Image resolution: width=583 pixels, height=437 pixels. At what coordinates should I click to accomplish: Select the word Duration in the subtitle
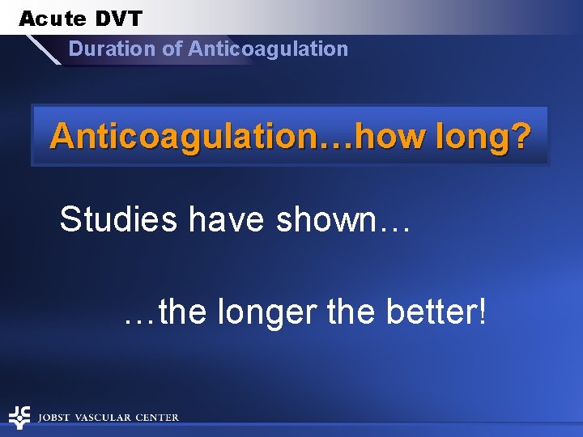113,49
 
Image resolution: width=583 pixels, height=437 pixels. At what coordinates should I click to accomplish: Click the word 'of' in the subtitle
172,49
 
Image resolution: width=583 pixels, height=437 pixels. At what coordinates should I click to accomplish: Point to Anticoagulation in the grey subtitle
268,49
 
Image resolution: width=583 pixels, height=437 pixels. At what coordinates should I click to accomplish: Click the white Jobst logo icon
19,417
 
